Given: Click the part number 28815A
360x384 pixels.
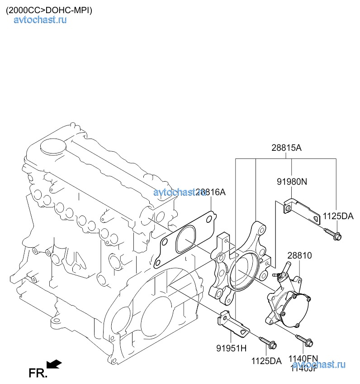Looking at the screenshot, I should pos(286,148).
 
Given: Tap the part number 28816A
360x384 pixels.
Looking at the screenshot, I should pos(211,192).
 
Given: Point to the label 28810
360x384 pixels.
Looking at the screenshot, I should pos(299,256).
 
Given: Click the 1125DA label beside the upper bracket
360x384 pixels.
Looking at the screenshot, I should pos(338,216).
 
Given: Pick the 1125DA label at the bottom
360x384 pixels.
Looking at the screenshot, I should pos(266,361).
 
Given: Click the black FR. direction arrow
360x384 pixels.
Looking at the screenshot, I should pos(54,364).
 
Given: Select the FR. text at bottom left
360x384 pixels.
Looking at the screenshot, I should pos(37,373).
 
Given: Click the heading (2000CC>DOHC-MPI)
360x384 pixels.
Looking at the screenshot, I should pos(49,10).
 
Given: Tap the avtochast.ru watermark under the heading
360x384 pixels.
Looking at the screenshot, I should pos(41,19).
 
